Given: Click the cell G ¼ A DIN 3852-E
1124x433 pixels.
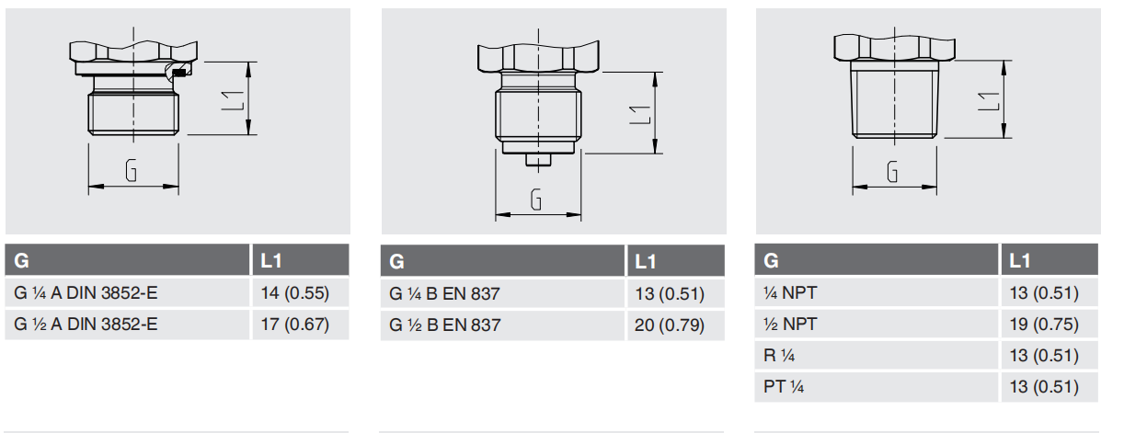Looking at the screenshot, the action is tap(127, 292).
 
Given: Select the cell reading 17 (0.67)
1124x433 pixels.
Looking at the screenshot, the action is tap(301, 325).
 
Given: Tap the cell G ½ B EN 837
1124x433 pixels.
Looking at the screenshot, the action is tap(502, 325).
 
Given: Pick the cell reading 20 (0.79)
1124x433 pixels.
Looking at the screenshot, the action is tap(676, 325).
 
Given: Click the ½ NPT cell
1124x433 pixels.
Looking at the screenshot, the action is tap(877, 325).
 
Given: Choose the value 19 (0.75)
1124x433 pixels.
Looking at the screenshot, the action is tap(1049, 325).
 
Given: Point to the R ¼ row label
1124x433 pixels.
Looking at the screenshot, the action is tap(877, 355).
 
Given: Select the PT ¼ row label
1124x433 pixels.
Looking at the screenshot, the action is tap(877, 387).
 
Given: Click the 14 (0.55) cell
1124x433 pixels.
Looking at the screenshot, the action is tap(301, 292).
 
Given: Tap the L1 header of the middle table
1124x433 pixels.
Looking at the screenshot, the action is tap(676, 261).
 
